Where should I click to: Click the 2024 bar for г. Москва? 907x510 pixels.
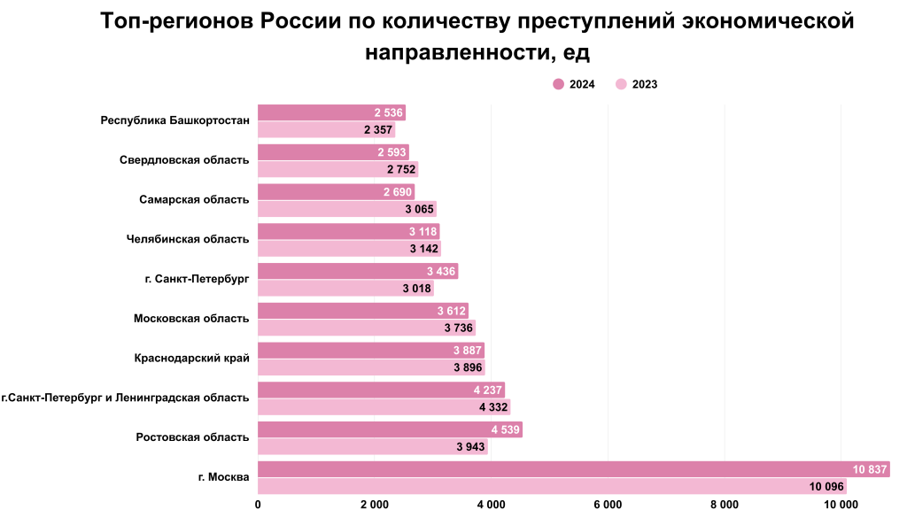(x=573, y=469)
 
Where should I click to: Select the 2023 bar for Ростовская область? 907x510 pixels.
(x=372, y=447)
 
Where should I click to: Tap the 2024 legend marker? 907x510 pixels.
(x=559, y=84)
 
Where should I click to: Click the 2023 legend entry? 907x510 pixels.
(x=636, y=84)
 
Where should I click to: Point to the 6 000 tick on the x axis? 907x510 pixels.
(x=608, y=505)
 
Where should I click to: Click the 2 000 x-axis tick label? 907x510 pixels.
(x=374, y=505)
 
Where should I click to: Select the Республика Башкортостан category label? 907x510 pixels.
(x=175, y=120)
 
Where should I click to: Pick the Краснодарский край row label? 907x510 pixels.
(x=191, y=358)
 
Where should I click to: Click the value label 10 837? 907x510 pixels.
(x=870, y=469)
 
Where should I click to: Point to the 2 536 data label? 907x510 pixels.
(x=389, y=112)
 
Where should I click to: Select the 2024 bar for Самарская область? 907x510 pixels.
(x=336, y=192)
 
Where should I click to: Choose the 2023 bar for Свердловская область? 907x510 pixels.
(x=337, y=169)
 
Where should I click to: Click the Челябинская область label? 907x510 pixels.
(x=189, y=239)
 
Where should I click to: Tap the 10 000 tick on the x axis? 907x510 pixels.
(x=841, y=505)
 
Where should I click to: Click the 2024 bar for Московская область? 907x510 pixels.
(x=363, y=311)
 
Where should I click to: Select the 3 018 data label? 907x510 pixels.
(x=417, y=289)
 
